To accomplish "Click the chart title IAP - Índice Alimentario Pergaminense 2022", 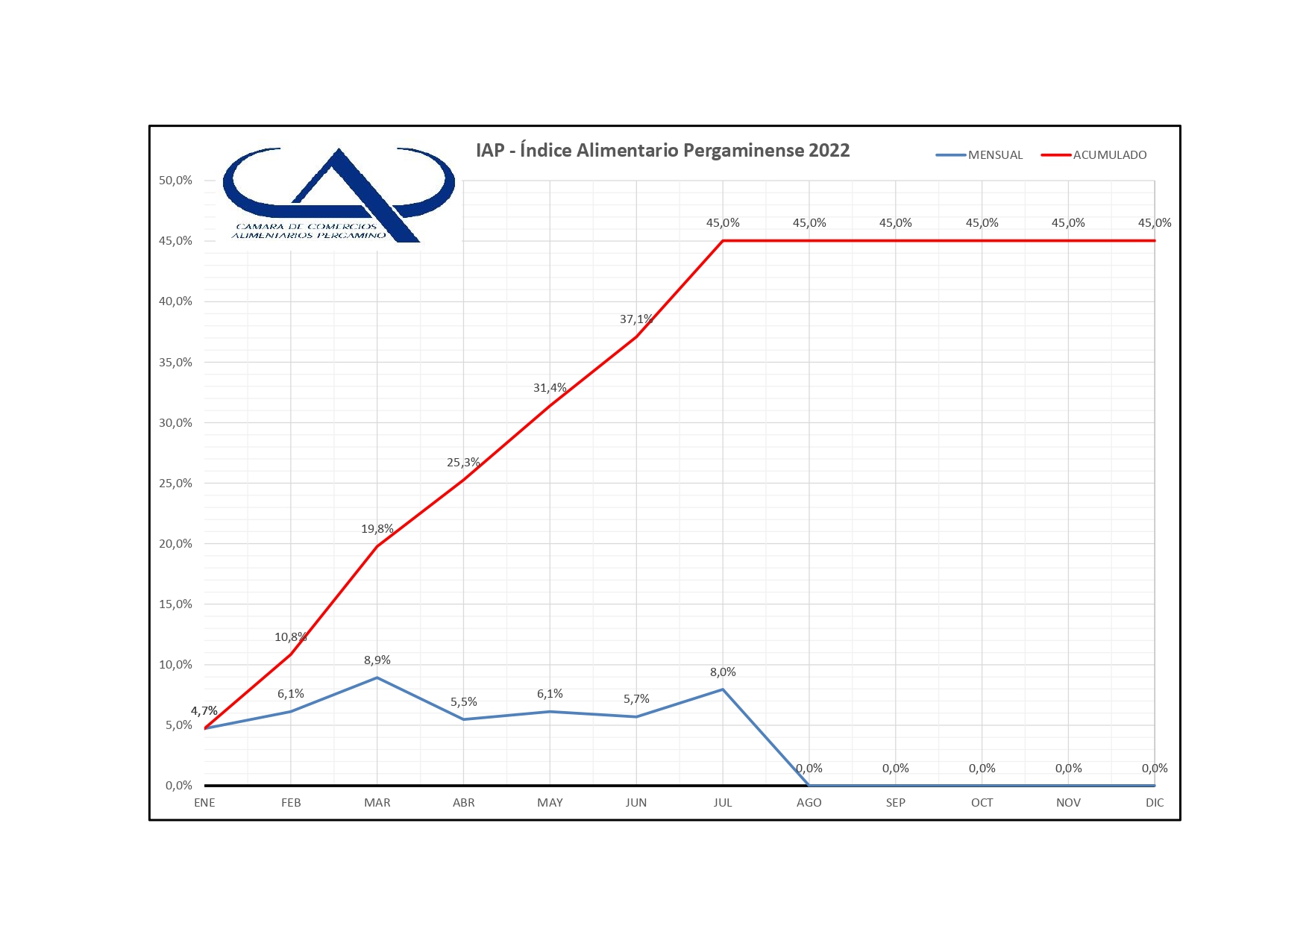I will [662, 151].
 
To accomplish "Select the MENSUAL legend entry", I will [994, 155].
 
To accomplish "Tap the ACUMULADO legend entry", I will [1109, 155].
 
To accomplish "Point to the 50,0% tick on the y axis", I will [175, 181].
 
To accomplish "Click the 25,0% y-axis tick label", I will [175, 484].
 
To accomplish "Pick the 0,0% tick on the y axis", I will [178, 786].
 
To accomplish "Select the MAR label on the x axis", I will [377, 803].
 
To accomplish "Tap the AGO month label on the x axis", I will [809, 803].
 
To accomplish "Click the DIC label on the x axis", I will [1154, 803].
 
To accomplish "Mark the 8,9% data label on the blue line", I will [377, 660].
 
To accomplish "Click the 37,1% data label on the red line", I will [635, 319].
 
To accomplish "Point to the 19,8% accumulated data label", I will [377, 529].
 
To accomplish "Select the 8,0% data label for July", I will [722, 672].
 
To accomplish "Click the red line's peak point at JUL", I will [723, 241].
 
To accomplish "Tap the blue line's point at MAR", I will [377, 678].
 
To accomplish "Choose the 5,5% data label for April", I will [463, 702].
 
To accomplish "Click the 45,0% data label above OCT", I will [982, 223].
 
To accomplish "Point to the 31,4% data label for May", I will [550, 388].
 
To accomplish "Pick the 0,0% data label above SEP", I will [895, 769].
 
